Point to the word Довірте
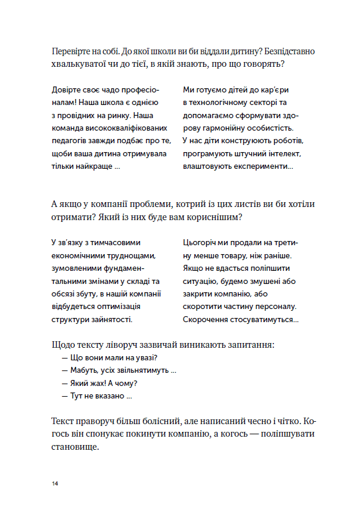(x=68, y=90)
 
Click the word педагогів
(x=72, y=141)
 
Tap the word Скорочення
(x=207, y=319)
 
